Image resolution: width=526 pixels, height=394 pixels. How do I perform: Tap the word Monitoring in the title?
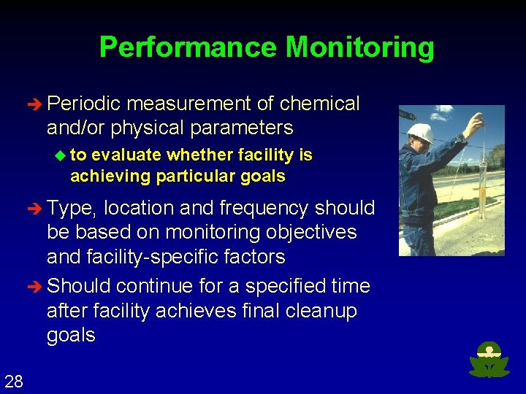pos(359,48)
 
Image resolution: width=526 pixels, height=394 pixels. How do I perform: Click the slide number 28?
pos(13,381)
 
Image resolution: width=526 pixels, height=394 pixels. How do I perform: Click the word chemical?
pos(319,104)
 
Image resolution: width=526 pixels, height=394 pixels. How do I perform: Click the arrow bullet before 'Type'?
pos(37,209)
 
